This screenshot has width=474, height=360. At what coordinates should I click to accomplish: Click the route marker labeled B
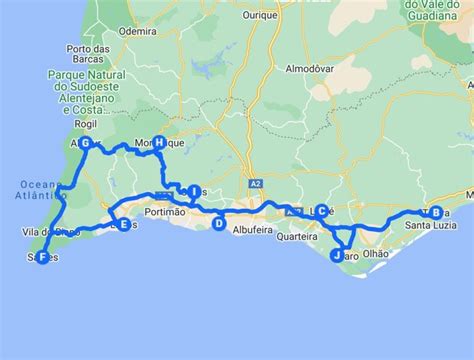click(435, 212)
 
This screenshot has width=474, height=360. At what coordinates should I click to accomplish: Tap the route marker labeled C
click(322, 211)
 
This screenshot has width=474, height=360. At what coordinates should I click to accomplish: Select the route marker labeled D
click(218, 224)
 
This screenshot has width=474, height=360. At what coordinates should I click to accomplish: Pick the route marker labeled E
click(123, 225)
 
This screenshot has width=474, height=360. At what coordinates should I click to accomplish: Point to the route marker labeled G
click(86, 144)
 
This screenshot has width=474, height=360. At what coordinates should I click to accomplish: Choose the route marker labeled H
click(159, 144)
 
